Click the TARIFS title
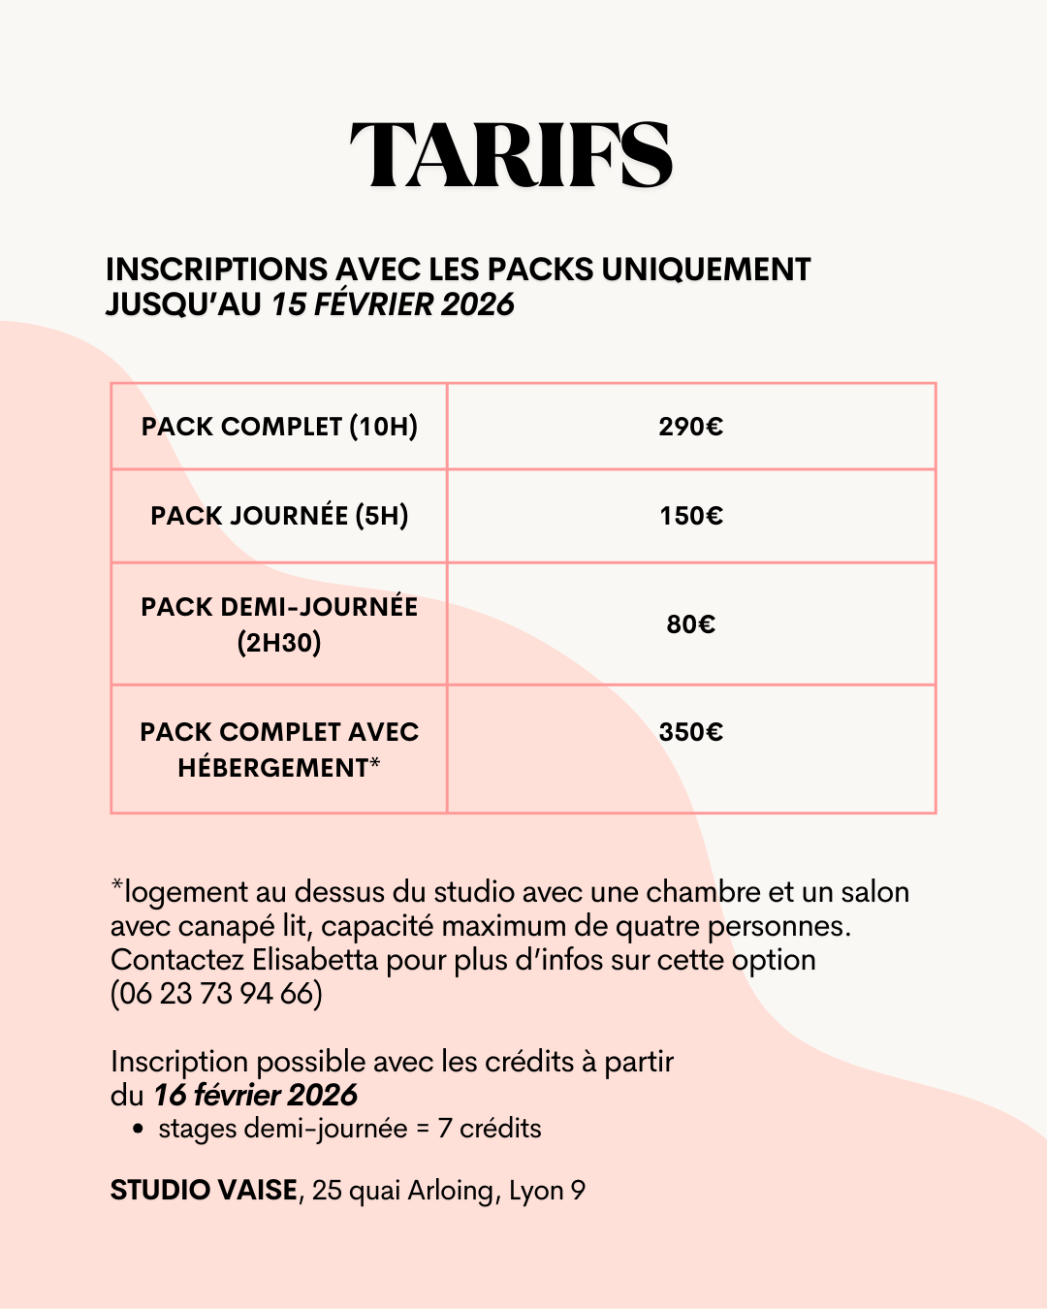pyautogui.click(x=511, y=155)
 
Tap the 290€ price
pyautogui.click(x=690, y=427)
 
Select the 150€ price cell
pyautogui.click(x=690, y=516)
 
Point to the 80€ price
pyautogui.click(x=690, y=624)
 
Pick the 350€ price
pyautogui.click(x=690, y=732)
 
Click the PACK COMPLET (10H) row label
pyautogui.click(x=279, y=427)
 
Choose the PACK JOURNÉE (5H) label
pyautogui.click(x=279, y=516)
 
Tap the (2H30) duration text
pyautogui.click(x=279, y=643)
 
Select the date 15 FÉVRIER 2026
pyautogui.click(x=393, y=304)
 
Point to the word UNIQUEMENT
pyautogui.click(x=706, y=270)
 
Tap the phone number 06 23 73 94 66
pyautogui.click(x=216, y=994)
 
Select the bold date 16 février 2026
pyautogui.click(x=255, y=1096)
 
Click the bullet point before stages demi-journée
pyautogui.click(x=139, y=1130)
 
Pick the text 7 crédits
pyautogui.click(x=490, y=1129)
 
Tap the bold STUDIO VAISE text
pyautogui.click(x=204, y=1191)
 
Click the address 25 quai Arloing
pyautogui.click(x=401, y=1191)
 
